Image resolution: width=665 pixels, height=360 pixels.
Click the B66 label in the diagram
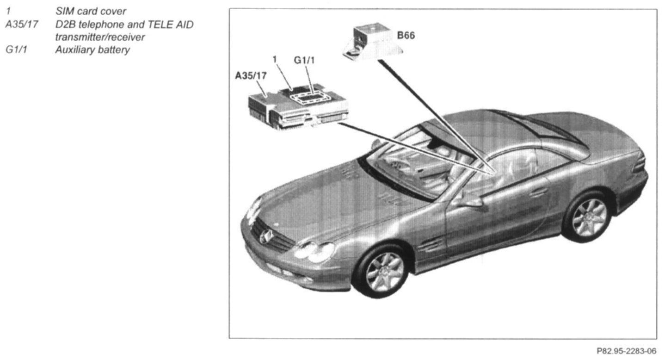coord(406,36)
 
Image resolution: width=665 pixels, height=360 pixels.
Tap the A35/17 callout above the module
coord(251,76)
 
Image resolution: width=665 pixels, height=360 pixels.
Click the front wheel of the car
coord(383,272)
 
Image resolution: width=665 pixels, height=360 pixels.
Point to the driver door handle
coord(539,192)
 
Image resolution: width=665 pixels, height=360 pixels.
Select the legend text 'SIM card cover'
coord(90,11)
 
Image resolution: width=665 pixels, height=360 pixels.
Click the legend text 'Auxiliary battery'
coord(92,50)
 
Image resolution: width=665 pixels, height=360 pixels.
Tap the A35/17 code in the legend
coord(21,24)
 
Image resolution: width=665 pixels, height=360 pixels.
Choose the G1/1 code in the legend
coord(16,50)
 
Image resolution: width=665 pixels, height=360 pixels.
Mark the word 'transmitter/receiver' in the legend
coord(99,37)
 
